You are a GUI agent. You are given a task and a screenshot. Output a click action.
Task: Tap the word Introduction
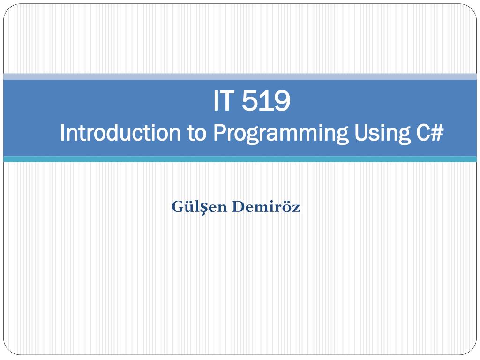tap(120, 133)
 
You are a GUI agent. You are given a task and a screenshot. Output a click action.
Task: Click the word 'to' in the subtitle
tap(197, 133)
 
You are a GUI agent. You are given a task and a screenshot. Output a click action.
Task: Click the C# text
tap(429, 133)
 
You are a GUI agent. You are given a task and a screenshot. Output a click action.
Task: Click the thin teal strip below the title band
tap(240, 159)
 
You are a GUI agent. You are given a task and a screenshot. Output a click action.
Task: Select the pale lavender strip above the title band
tap(240, 76)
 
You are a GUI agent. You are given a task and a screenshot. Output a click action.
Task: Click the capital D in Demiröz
tap(237, 206)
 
